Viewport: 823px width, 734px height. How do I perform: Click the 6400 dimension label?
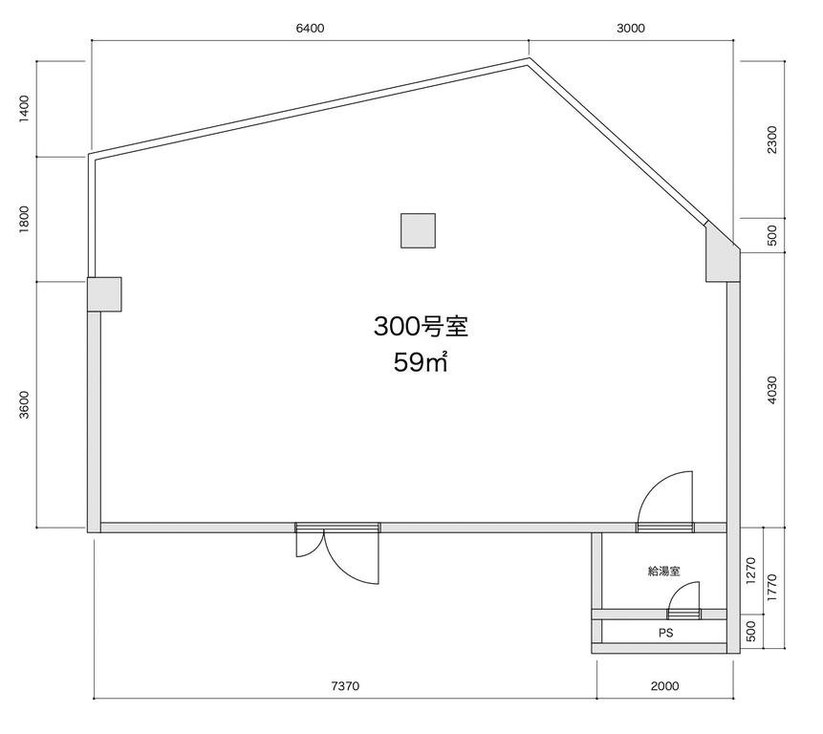311,29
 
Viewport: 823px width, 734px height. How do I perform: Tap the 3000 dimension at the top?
630,29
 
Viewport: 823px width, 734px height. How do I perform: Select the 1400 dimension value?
25,109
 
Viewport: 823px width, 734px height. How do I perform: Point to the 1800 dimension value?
25,219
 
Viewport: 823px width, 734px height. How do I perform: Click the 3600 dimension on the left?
25,404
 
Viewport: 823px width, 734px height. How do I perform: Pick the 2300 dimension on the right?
772,140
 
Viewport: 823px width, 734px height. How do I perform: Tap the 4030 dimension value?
772,390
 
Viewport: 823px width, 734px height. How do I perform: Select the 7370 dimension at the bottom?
345,685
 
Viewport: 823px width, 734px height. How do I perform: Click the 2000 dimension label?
664,685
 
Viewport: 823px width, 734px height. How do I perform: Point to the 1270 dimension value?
750,571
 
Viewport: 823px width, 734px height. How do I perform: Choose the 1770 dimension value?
772,588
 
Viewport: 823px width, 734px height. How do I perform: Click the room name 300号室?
421,326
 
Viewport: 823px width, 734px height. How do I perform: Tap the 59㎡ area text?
421,362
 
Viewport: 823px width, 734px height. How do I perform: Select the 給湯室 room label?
664,571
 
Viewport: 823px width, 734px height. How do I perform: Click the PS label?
665,634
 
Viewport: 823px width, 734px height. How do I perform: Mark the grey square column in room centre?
419,230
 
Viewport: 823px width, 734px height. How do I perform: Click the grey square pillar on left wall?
104,294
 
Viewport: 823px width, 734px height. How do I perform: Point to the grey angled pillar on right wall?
722,254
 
